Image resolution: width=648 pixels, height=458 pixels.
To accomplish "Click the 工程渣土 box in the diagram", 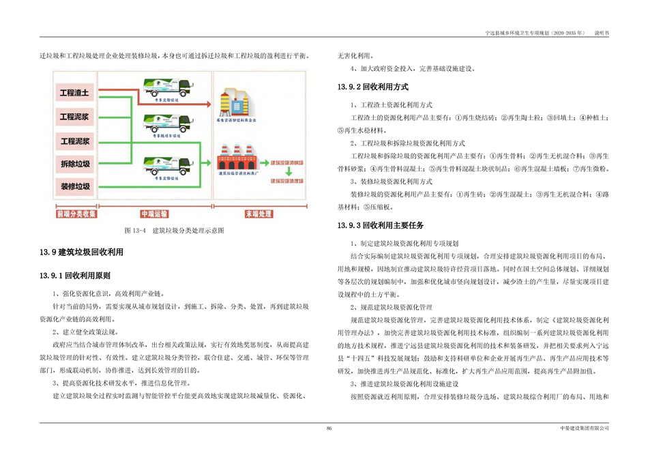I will tap(75, 92).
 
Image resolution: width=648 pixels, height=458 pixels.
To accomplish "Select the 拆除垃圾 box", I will tap(75, 164).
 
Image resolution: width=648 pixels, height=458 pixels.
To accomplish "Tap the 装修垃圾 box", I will tap(75, 186).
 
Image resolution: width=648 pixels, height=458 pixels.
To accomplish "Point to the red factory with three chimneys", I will tap(237, 158).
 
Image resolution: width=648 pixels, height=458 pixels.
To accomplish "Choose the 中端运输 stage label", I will tap(153, 213).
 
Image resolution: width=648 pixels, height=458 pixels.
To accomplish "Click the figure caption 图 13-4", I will tap(173, 231).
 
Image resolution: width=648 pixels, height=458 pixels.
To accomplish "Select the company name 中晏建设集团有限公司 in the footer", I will tap(583, 428).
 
